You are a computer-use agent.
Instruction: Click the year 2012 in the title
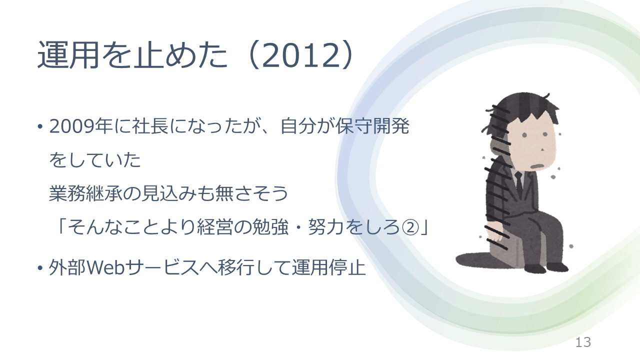pyautogui.click(x=302, y=55)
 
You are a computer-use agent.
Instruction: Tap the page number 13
pyautogui.click(x=583, y=342)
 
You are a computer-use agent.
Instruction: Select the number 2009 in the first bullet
pyautogui.click(x=71, y=126)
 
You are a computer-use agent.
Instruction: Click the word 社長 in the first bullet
pyautogui.click(x=150, y=126)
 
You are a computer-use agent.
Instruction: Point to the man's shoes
pyautogui.click(x=545, y=267)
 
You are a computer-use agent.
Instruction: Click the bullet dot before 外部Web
pyautogui.click(x=40, y=268)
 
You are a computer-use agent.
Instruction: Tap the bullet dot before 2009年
pyautogui.click(x=40, y=126)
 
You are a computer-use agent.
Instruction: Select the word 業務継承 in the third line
pyautogui.click(x=86, y=193)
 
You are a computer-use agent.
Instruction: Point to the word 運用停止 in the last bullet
pyautogui.click(x=328, y=267)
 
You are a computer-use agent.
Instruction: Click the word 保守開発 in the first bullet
pyautogui.click(x=372, y=126)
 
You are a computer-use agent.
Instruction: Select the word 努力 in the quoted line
pyautogui.click(x=326, y=227)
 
